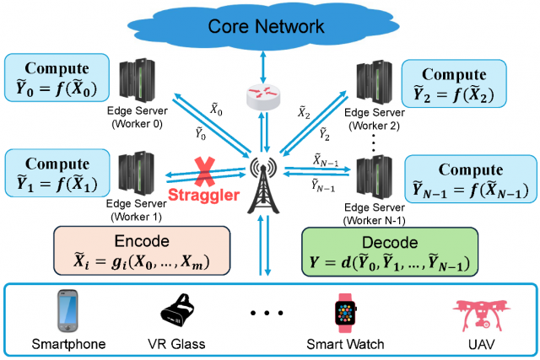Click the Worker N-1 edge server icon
pos(372,177)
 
